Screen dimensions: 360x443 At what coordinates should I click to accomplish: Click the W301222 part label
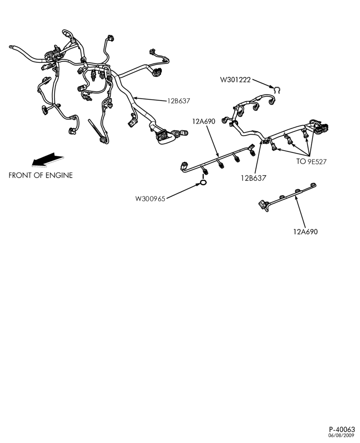tap(235, 80)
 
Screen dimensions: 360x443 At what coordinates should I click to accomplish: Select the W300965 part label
tap(150, 198)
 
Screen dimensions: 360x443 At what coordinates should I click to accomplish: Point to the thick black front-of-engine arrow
tap(47, 159)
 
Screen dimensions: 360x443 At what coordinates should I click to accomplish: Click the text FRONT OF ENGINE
tap(41, 175)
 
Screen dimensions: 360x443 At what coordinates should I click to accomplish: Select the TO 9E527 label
tap(311, 162)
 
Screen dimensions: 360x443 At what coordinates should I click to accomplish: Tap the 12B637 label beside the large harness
tap(179, 101)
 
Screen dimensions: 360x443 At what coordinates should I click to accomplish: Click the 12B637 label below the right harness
tap(254, 178)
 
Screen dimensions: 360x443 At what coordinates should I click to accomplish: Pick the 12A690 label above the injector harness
tap(203, 121)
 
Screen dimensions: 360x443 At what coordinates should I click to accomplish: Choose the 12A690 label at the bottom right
tap(305, 232)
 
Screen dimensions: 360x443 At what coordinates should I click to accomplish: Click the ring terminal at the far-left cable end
tap(12, 47)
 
